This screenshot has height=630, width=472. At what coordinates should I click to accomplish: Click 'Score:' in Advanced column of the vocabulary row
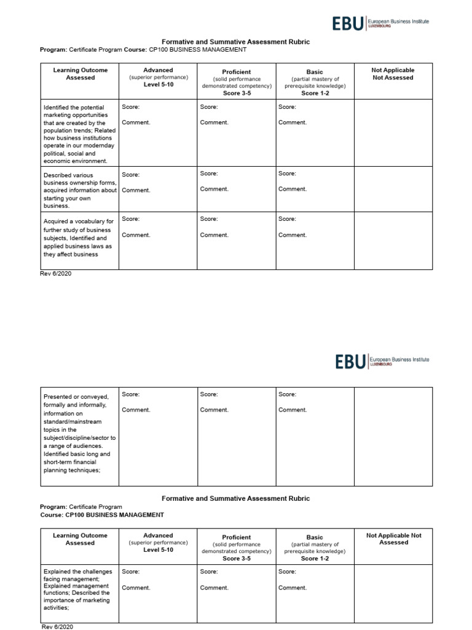pos(130,219)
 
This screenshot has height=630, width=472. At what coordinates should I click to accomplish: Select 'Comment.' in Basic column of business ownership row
pos(292,189)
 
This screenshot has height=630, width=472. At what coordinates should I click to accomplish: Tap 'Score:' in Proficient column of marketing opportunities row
pos(209,107)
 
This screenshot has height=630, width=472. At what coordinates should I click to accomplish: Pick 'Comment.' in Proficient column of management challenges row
pos(214,588)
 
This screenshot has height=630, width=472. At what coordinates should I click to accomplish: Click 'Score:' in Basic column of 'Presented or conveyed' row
pos(287,394)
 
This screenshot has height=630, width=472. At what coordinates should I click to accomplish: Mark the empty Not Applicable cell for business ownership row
pos(393,189)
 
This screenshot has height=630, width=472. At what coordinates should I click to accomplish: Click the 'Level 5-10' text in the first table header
pos(158,85)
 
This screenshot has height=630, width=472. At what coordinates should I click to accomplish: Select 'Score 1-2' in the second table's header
pos(314,559)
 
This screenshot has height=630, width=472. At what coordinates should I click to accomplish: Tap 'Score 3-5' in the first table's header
pos(237,94)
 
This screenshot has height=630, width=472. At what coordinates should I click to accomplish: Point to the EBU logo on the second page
pos(350,361)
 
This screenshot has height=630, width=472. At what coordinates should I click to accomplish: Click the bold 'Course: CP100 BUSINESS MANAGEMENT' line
pos(102,515)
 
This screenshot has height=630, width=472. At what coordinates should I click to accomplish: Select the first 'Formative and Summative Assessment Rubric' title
pos(235,42)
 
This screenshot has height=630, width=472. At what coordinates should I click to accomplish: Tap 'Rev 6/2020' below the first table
pos(56,274)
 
